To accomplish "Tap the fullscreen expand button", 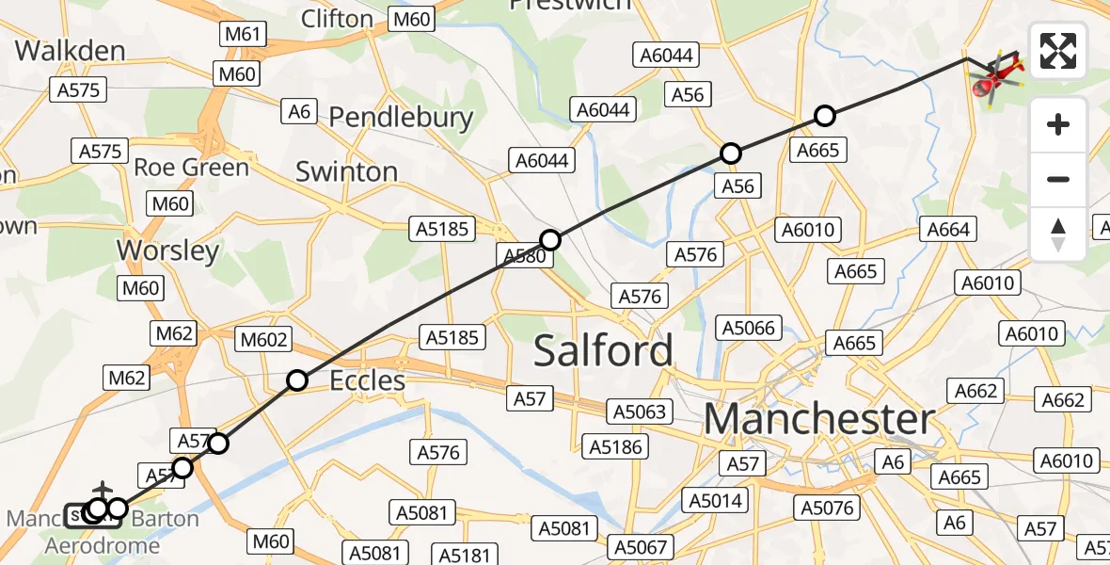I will pos(1058,51).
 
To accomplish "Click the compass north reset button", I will pos(1058,234).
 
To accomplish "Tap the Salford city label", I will pos(604,350).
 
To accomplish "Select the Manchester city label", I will pos(819,419).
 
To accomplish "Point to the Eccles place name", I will pos(367,380).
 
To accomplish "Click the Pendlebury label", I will pos(401,118).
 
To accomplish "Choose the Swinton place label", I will pos(346,171).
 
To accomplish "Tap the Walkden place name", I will pos(71,50).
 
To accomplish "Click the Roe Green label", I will pos(191,168).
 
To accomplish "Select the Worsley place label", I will pos(167,250).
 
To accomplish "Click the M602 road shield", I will pos(265,339).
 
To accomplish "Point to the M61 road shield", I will pos(242,35).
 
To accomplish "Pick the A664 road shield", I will pos(947,229).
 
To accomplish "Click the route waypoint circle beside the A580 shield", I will pos(550,240).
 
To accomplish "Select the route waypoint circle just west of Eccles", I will pos(297,380).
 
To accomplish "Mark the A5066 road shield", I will pos(749,328).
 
